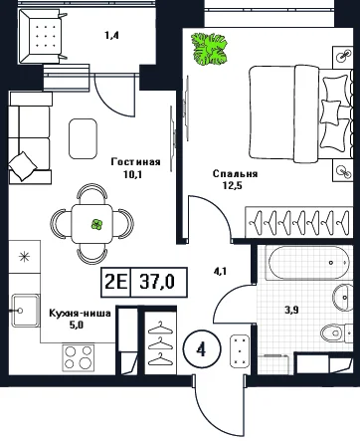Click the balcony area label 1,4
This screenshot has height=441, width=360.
click(x=111, y=35)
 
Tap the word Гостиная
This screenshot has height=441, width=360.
click(x=136, y=162)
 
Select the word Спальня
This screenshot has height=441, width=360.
click(x=235, y=174)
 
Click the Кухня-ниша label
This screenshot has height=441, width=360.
click(x=80, y=313)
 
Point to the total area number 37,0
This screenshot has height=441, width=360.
click(x=157, y=282)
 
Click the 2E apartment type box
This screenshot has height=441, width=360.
click(x=116, y=282)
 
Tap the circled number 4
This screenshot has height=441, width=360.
click(x=201, y=349)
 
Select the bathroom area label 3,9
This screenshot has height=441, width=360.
click(x=292, y=310)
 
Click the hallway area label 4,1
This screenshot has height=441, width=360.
click(x=220, y=272)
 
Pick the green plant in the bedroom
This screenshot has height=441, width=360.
click(x=210, y=49)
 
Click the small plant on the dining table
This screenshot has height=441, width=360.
click(x=96, y=225)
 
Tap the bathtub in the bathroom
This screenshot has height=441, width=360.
click(x=308, y=263)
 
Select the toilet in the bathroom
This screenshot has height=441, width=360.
click(x=336, y=332)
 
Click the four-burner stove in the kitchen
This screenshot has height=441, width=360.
click(x=79, y=358)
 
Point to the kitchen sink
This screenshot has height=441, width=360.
click(x=25, y=311)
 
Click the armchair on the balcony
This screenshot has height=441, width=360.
click(x=42, y=36)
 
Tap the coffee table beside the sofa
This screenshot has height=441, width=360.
click(x=83, y=138)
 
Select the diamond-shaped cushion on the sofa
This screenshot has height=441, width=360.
click(x=23, y=166)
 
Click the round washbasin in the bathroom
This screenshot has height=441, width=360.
click(x=343, y=297)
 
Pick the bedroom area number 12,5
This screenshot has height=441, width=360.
click(x=233, y=185)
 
